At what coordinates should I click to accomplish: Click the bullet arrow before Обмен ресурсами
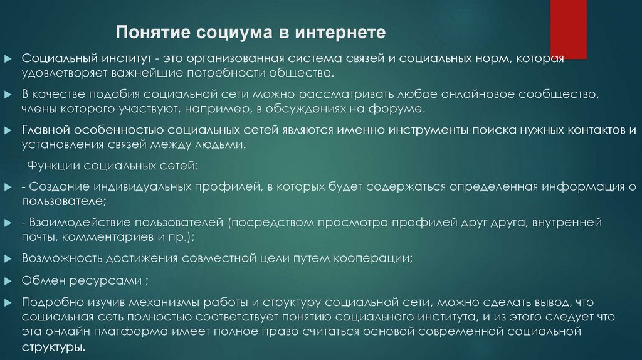(8, 280)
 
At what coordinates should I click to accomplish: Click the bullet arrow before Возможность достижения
(8, 258)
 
